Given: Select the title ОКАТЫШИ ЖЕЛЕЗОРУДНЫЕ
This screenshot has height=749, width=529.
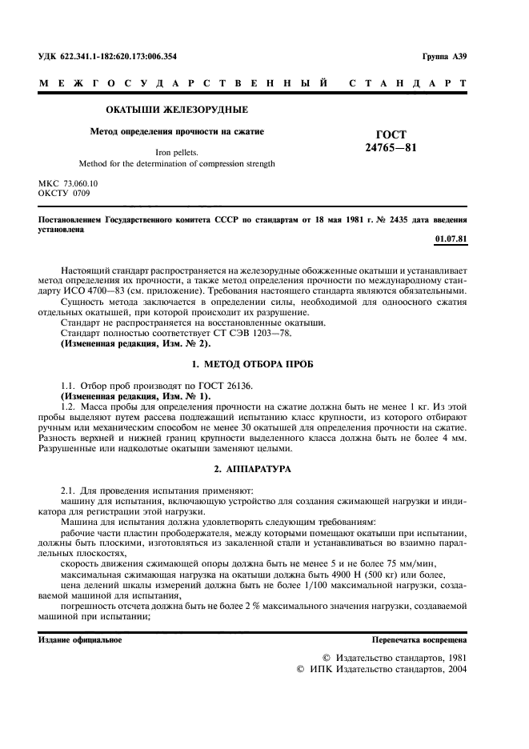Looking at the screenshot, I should (x=178, y=109).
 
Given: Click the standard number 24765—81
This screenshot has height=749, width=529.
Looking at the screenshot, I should (x=391, y=147).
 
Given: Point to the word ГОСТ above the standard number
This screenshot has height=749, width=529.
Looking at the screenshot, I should (x=391, y=134).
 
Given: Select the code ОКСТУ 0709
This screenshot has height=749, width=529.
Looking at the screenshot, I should (x=65, y=193).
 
